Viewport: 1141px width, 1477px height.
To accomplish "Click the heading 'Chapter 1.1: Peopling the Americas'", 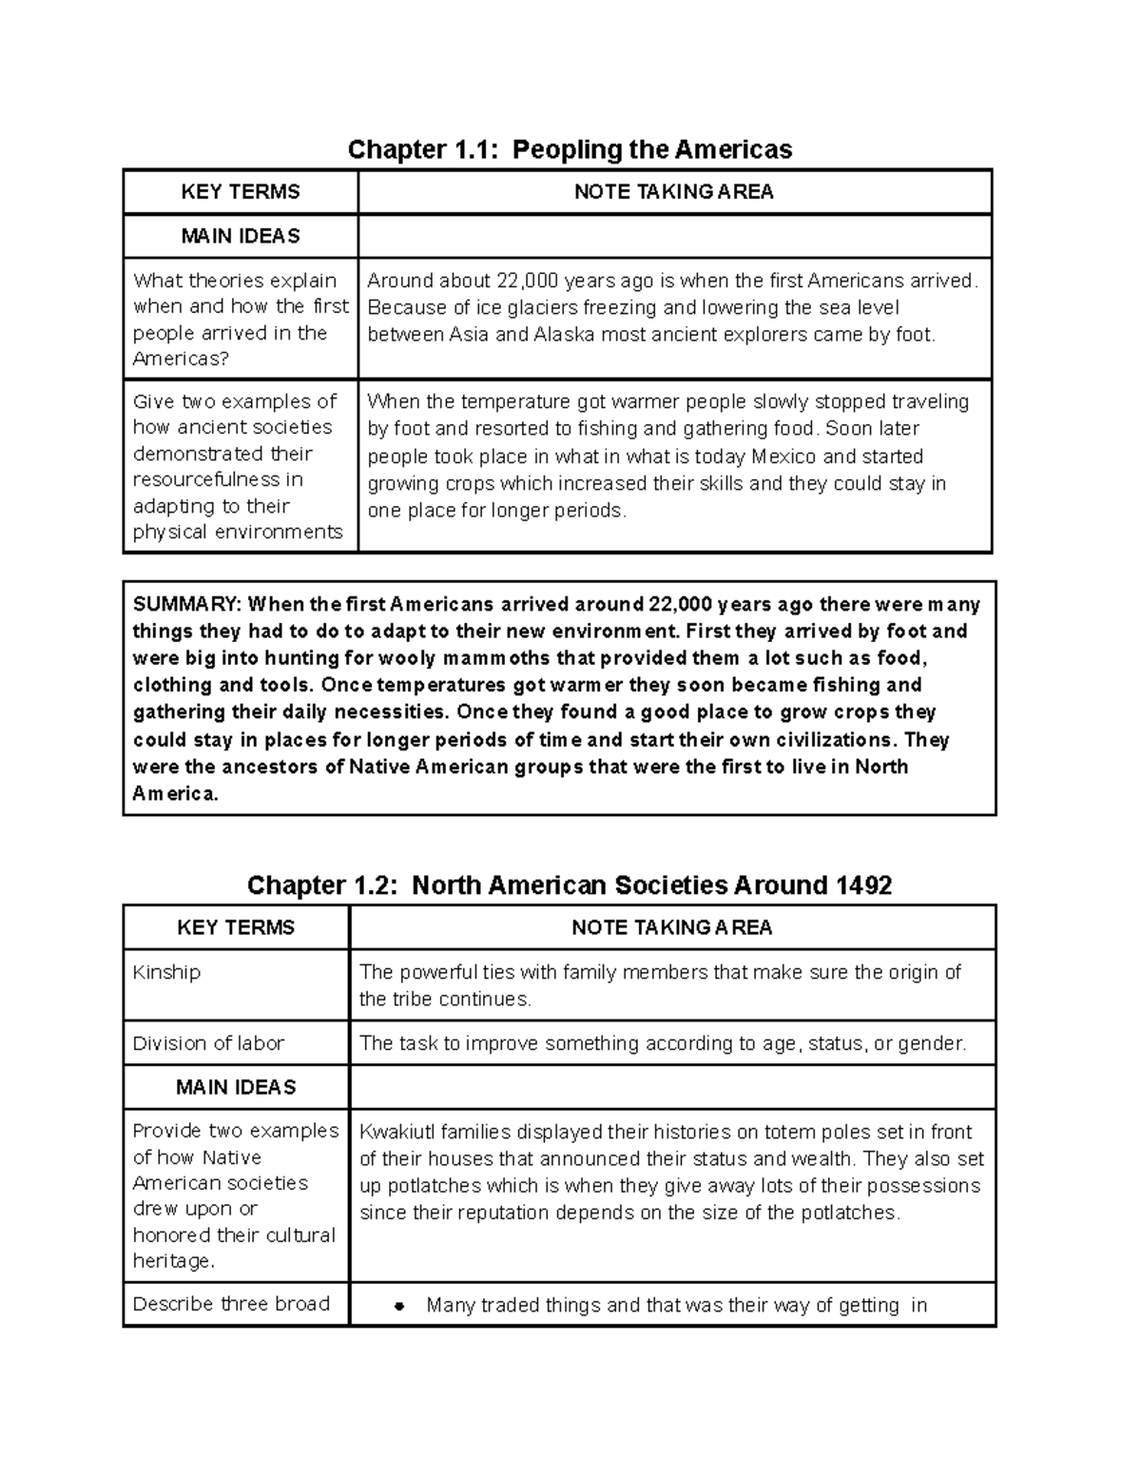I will pos(570,149).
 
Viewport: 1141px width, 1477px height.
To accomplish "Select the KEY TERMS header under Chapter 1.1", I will pos(241,192).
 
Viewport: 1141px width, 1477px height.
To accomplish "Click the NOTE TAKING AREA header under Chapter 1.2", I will pos(671,927).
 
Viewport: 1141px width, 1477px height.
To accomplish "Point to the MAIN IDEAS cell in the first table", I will pos(241,236).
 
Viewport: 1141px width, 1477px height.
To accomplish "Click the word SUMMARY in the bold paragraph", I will pos(186,605).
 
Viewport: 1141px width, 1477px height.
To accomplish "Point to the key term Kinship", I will pos(166,972).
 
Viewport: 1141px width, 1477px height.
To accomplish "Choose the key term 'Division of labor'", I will pos(208,1043).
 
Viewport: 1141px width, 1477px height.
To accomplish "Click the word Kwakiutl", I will pos(397,1132).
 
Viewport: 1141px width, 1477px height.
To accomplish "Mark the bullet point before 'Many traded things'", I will pos(399,1307).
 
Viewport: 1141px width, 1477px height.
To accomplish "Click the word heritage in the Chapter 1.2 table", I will pos(172,1261).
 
